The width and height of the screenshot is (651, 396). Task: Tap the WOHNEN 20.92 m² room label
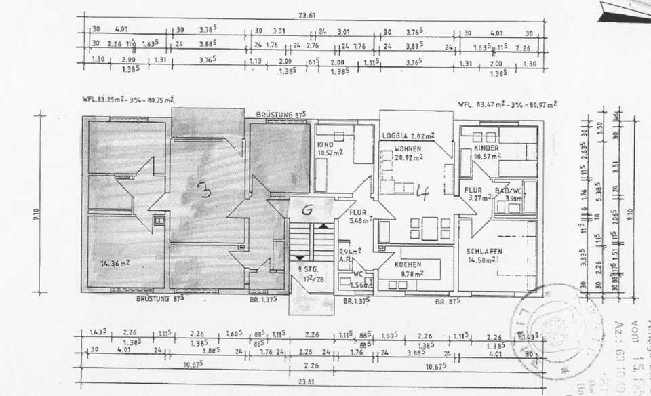pos(408,153)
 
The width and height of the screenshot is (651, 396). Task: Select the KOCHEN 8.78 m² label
pos(410,269)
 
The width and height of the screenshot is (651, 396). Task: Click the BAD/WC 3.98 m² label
pos(509,195)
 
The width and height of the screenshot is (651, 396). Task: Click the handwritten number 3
pos(203,191)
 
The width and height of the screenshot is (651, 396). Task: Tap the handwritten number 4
pos(422,194)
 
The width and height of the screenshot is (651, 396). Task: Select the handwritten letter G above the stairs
pos(307,210)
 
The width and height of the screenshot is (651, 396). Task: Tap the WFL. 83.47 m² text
pos(507,104)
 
